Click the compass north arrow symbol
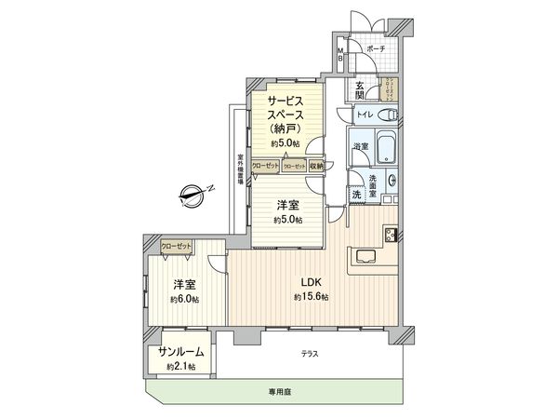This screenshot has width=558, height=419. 190,196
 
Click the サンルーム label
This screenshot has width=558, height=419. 180,352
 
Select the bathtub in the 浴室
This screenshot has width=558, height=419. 364,149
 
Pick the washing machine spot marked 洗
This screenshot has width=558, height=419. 356,195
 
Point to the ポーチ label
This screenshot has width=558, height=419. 376,49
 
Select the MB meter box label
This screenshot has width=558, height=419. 340,53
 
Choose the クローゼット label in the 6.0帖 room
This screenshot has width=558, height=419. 176,245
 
